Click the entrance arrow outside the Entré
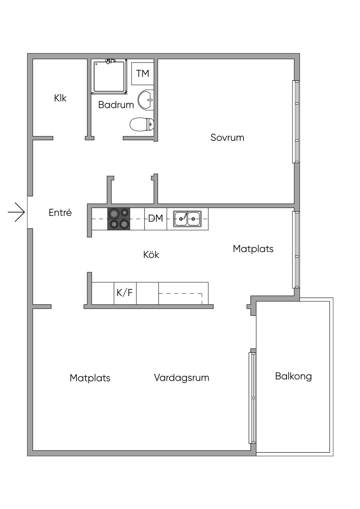16,212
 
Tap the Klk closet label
60,98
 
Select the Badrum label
116,105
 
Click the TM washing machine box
142,73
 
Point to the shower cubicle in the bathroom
109,76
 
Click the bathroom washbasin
146,100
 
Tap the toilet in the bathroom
142,124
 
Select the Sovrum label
227,137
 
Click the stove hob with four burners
118,219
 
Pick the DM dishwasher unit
156,219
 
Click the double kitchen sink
187,219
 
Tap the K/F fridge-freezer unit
125,293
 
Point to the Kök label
151,254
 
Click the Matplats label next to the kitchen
253,249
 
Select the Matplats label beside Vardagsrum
90,378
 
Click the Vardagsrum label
182,378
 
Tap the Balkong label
294,376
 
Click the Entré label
60,213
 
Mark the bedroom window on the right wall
296,122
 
